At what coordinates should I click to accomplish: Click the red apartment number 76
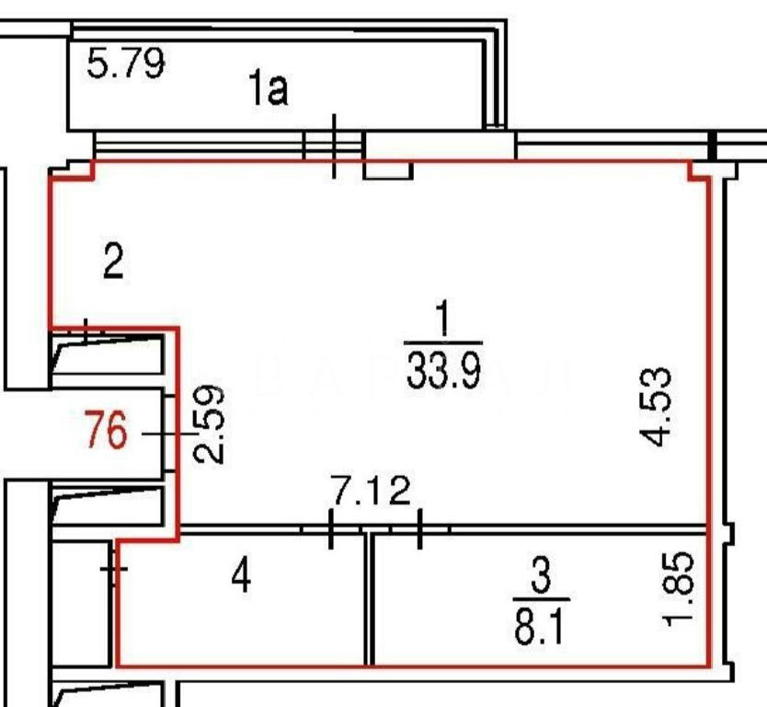click(106, 431)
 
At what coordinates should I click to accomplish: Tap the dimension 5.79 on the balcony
click(126, 63)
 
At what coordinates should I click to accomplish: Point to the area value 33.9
click(443, 371)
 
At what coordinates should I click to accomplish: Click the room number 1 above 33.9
click(443, 319)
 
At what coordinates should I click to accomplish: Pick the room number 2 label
click(113, 262)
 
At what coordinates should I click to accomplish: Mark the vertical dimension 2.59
click(209, 424)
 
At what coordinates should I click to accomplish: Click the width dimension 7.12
click(372, 491)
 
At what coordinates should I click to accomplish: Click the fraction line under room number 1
click(443, 343)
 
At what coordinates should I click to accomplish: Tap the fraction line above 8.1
click(542, 599)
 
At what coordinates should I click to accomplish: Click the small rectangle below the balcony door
click(388, 170)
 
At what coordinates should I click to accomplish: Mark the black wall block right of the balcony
click(712, 145)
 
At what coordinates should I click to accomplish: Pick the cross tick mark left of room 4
click(114, 568)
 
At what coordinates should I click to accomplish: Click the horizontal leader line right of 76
click(170, 435)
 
